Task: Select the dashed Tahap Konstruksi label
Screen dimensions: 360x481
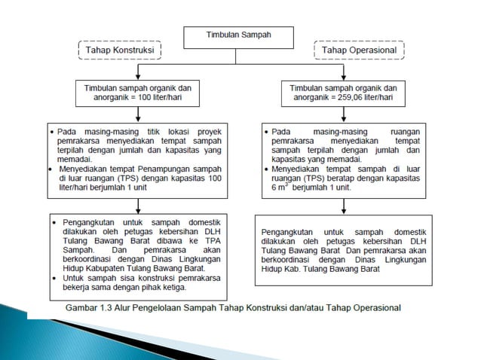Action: [x=120, y=50]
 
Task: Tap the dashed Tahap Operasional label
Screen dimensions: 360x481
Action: [x=358, y=50]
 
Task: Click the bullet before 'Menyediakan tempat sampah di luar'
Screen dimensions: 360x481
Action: [x=266, y=169]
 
